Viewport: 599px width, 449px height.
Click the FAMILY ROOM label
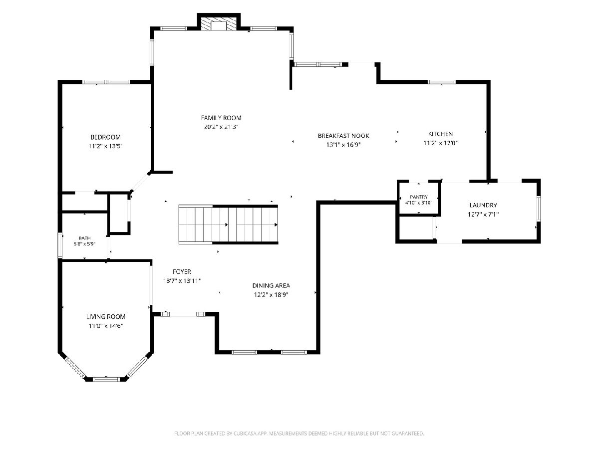[221, 118]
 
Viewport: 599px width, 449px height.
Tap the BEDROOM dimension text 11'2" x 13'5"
[105, 146]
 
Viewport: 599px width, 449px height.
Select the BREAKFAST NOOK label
[343, 136]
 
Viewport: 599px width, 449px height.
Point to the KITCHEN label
[440, 134]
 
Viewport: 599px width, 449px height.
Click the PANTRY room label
[419, 197]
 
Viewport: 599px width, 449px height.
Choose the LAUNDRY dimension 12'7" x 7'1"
[483, 215]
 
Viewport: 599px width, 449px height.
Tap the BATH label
[84, 238]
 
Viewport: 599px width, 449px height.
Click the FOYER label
[182, 272]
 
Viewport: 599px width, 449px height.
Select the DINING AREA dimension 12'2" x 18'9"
[271, 295]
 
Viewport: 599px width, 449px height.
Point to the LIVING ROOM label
[106, 317]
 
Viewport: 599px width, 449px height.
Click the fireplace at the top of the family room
[219, 24]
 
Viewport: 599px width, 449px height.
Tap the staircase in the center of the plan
[228, 224]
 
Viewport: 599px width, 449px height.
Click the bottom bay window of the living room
[106, 379]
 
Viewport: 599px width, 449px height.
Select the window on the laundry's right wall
[539, 209]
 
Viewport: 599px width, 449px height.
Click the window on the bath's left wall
[60, 245]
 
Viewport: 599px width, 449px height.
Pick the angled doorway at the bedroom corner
[140, 182]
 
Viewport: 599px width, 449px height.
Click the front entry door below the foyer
[183, 314]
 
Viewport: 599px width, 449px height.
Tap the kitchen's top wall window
[442, 82]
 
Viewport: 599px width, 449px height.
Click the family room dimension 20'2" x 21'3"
[221, 127]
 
